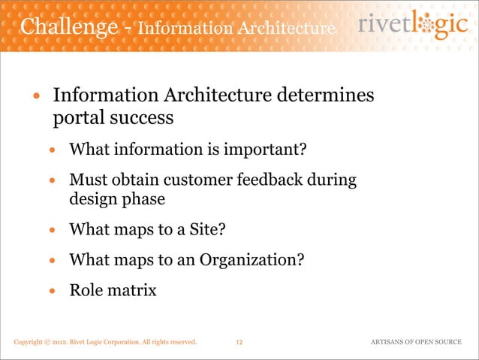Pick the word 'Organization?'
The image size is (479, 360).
pos(251,260)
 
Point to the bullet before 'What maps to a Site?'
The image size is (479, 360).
pos(53,230)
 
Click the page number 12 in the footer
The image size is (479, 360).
pos(239,343)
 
